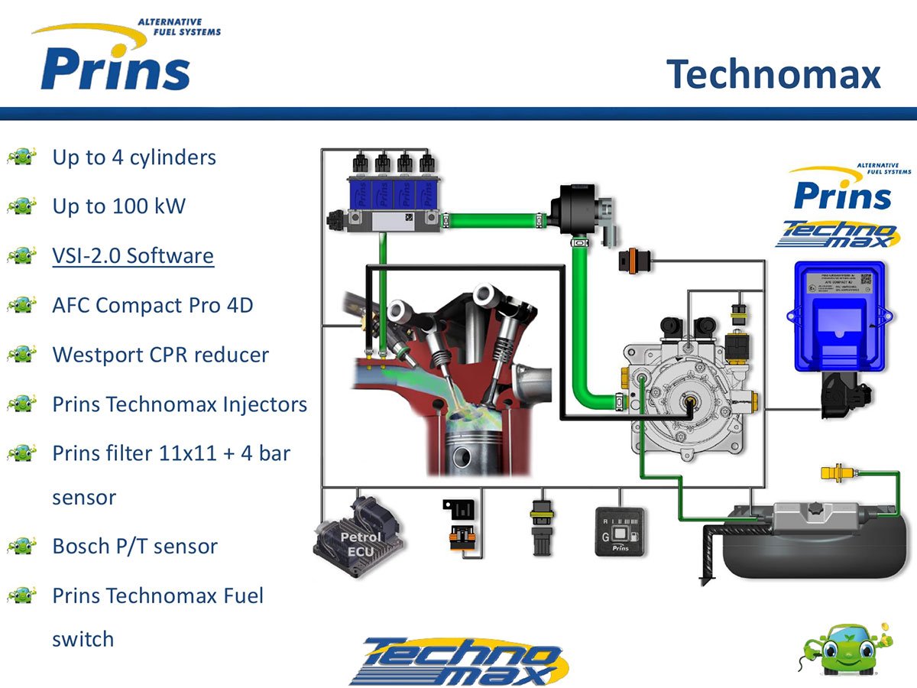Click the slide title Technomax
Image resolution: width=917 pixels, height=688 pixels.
coord(773,75)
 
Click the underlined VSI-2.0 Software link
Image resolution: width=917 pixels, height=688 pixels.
coord(133,256)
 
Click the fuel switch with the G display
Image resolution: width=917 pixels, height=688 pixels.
coord(619,531)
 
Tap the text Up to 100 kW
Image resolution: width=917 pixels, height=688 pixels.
coord(118,206)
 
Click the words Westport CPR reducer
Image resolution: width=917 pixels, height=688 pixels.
coord(160,355)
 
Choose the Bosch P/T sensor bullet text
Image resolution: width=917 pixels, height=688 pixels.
coord(134,547)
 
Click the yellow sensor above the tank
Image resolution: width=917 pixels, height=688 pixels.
coord(838,473)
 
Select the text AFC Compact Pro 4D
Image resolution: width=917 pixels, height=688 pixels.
coord(152,306)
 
